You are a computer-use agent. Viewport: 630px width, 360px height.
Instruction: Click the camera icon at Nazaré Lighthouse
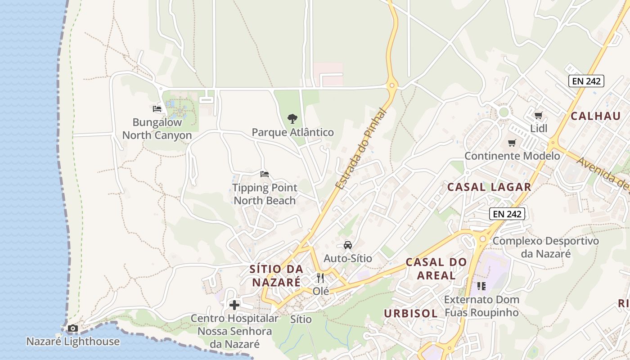coord(73,328)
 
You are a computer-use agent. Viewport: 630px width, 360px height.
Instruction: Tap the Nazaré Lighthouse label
coord(73,342)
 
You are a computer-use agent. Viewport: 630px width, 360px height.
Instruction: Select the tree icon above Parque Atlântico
coord(292,119)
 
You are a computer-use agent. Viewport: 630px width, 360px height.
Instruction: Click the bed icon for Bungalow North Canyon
coord(157,109)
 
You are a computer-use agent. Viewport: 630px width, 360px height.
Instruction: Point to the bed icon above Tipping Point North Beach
coord(265,174)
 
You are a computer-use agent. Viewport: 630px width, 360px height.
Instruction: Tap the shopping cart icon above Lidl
coord(538,115)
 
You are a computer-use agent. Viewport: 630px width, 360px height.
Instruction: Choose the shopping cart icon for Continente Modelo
coord(512,143)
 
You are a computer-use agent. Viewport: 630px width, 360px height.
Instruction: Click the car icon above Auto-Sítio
coord(348,245)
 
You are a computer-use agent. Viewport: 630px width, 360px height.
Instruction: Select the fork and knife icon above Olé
coord(320,278)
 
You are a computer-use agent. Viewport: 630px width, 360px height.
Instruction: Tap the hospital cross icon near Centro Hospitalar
coord(234,305)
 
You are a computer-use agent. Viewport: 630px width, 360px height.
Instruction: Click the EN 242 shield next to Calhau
coord(586,81)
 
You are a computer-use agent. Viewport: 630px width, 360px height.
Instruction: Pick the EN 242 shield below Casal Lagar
coord(507,214)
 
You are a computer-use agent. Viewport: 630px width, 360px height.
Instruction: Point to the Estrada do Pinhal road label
coord(361,149)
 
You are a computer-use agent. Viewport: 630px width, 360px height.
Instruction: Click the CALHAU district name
coord(596,116)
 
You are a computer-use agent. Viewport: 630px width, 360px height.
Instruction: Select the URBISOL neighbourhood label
coord(411,314)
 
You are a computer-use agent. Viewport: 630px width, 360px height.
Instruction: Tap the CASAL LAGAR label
coord(489,187)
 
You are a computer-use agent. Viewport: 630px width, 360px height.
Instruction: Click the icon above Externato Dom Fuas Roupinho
coord(481,286)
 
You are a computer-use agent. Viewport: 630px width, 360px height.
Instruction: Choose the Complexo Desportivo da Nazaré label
coord(545,247)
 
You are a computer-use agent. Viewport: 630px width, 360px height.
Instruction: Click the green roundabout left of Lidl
coord(504,112)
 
